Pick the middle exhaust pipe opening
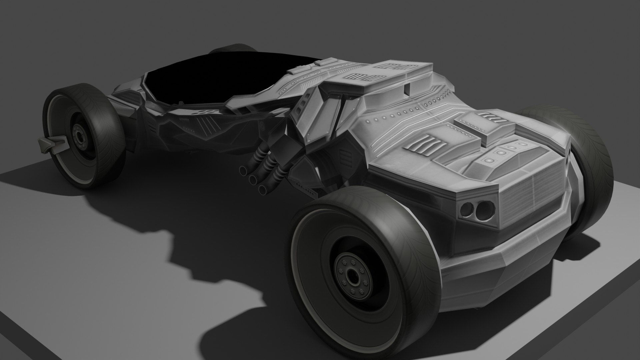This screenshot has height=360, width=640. point(253,180)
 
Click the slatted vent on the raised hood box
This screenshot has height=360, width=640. point(490,116)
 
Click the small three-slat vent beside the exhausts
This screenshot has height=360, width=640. point(344,156)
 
